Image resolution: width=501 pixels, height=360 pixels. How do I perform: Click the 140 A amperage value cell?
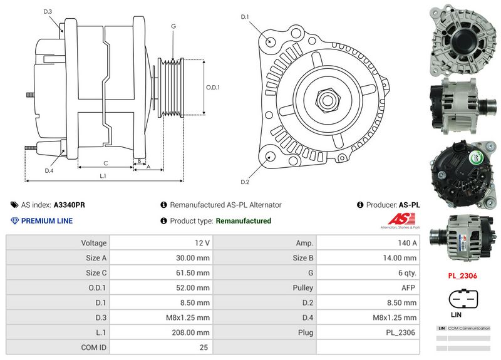(406, 242)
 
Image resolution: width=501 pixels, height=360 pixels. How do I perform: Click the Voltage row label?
(94, 242)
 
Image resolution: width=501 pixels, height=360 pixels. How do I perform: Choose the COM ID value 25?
(204, 347)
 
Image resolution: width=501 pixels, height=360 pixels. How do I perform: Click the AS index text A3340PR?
(70, 205)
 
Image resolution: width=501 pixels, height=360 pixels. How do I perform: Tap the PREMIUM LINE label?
(47, 220)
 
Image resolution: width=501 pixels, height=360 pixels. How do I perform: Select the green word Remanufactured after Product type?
(243, 220)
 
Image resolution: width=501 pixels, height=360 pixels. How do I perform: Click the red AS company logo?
(399, 219)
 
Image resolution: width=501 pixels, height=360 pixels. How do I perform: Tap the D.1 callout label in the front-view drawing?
(245, 17)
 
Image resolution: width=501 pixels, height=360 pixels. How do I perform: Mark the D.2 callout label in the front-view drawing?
(245, 182)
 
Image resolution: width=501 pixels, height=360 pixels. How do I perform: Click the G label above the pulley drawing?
(173, 26)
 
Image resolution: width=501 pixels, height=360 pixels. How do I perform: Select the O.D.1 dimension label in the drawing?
(213, 87)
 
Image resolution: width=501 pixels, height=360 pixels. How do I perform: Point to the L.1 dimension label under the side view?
(103, 177)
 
